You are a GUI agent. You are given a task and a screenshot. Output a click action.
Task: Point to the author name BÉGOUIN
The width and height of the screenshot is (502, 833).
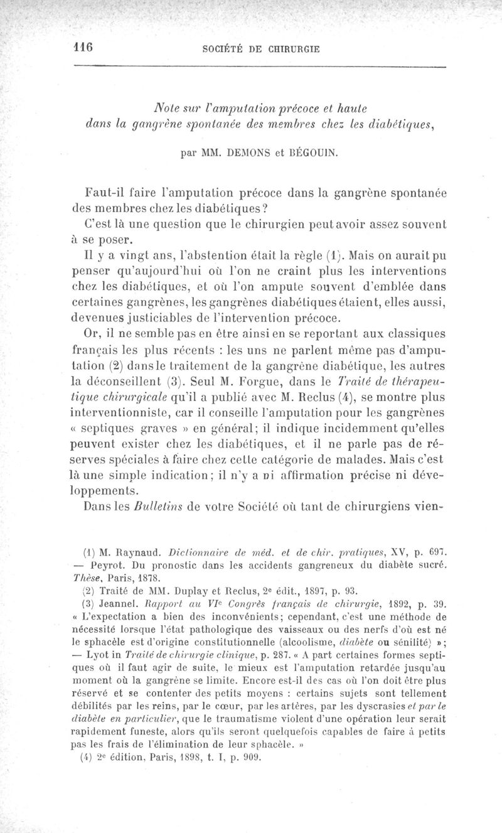click(x=311, y=151)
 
